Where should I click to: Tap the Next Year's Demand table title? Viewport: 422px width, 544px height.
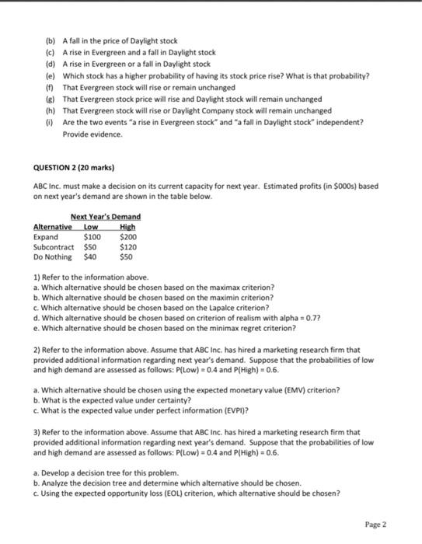[x=106, y=216]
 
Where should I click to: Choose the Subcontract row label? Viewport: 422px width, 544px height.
[x=54, y=246]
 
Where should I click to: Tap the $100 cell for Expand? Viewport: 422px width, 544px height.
[x=92, y=236]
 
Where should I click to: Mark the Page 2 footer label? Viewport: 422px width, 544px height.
[x=375, y=525]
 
